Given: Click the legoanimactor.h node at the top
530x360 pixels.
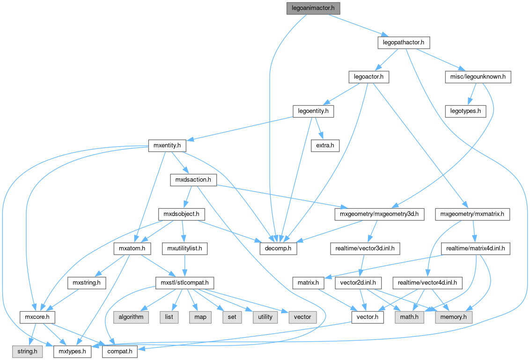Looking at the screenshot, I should click(313, 8).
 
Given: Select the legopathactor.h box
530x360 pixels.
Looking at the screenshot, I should click(403, 43).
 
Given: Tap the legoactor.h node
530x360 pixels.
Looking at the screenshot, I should click(369, 77).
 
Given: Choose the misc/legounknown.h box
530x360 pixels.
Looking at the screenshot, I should click(478, 77).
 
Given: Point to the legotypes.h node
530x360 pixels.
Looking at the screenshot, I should click(465, 111).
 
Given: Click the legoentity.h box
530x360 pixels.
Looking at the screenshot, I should click(313, 111).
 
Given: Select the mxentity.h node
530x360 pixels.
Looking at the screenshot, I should click(167, 146).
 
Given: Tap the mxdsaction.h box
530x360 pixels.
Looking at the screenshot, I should click(193, 180).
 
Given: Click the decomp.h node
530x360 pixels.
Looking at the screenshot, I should click(278, 248).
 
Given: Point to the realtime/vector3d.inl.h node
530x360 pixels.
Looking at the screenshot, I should click(365, 248).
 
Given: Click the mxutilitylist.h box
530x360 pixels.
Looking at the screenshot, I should click(184, 248).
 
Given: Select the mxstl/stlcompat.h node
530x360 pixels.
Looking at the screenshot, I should click(185, 283).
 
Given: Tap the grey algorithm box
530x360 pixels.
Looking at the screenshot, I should click(131, 317).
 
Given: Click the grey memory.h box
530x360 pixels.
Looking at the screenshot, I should click(454, 317).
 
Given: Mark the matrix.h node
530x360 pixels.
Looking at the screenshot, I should click(308, 283).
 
